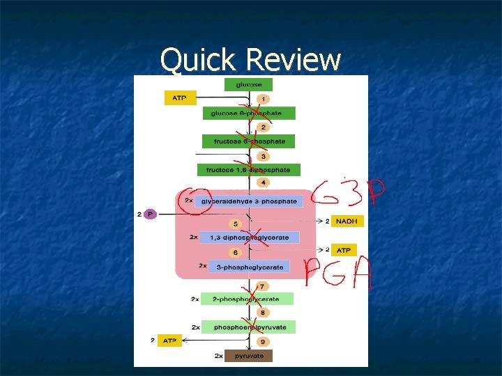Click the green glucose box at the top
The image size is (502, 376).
[248, 84]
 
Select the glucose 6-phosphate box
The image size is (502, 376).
[249, 113]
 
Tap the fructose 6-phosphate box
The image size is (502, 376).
[249, 141]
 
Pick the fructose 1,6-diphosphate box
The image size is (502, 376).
[249, 170]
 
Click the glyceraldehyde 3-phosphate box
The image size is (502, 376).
[248, 201]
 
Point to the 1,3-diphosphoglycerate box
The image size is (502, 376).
[249, 237]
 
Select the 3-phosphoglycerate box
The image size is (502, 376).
[248, 267]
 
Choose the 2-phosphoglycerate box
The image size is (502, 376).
[247, 299]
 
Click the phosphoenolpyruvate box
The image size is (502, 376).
[248, 327]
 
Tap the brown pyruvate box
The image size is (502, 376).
[249, 356]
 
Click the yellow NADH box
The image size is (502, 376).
[347, 221]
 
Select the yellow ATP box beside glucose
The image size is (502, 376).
[180, 98]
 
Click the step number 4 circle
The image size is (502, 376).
[263, 182]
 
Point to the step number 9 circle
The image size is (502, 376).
[263, 342]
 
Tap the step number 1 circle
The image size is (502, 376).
[263, 99]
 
